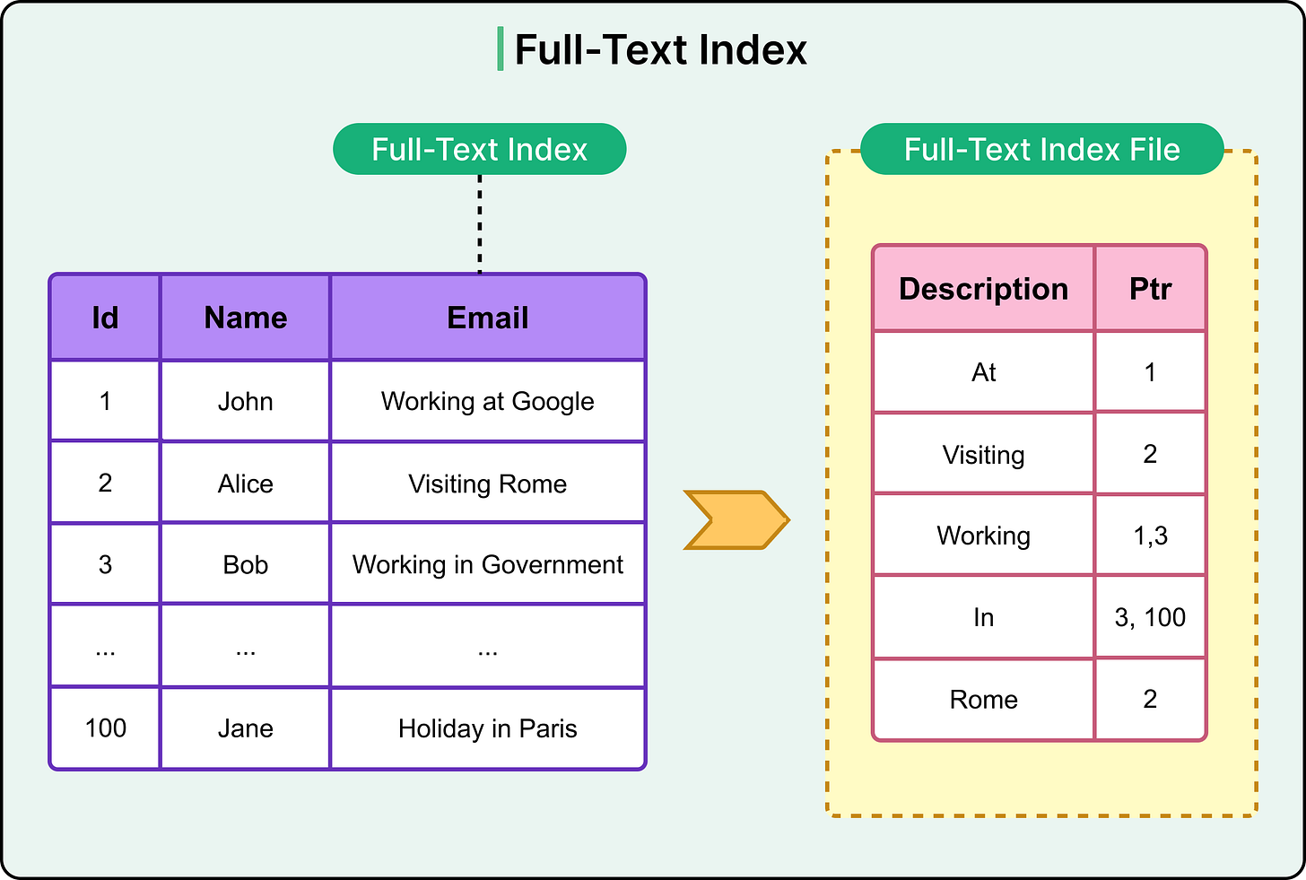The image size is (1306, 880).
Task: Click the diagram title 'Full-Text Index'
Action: coord(660,50)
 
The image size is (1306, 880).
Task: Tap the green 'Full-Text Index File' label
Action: coord(1041,149)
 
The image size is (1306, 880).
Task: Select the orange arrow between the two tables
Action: coord(736,519)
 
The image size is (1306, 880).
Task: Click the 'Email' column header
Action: coord(487,318)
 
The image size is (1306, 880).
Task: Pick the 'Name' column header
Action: coord(245,318)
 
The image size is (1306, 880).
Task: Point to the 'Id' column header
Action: coord(105,318)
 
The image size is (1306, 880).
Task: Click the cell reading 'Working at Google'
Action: coord(487,401)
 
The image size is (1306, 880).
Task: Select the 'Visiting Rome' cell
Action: coord(487,484)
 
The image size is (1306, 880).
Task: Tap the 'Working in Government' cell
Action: coord(487,564)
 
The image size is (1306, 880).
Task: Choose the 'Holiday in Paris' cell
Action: coord(487,728)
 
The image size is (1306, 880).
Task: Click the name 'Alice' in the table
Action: coord(245,484)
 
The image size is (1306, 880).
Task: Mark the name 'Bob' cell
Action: coord(245,564)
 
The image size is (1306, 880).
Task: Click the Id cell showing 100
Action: coord(105,728)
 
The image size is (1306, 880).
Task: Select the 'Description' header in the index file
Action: coord(983,289)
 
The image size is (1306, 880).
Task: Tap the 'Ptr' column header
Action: coord(1150,289)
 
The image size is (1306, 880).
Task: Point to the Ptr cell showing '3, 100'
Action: coord(1150,617)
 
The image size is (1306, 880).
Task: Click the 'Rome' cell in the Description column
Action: coord(983,700)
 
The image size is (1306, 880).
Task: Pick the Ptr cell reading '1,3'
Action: coord(1150,536)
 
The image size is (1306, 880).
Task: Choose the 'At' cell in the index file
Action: coord(983,372)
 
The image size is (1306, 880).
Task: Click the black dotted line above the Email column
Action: coord(480,224)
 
